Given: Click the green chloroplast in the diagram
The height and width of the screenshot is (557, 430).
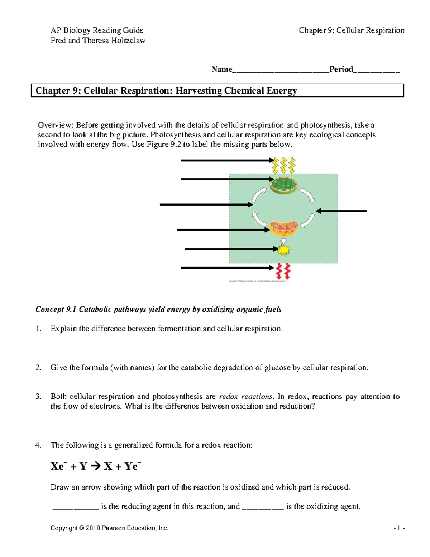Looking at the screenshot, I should tap(284, 185).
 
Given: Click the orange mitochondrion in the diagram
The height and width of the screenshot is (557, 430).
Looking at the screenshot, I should tap(284, 228).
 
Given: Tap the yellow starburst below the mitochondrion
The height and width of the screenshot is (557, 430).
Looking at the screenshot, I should tap(283, 250).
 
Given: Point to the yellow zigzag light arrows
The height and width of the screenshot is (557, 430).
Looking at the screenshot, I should tap(284, 165).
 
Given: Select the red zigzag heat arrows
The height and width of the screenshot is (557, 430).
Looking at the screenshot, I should tap(283, 272).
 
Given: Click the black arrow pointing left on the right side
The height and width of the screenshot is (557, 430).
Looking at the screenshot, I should tap(341, 211).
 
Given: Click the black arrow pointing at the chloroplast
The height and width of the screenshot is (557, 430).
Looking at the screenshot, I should tap(228, 179).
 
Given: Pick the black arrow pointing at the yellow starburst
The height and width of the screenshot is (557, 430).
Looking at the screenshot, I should tap(231, 249).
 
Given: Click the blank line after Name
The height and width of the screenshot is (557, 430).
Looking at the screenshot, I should tap(281, 70).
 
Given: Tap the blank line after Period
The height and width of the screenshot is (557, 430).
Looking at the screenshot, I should tap(376, 70).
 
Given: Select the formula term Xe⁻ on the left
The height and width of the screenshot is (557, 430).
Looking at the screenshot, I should tap(58, 466).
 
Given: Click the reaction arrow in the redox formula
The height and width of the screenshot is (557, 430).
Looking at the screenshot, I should tap(96, 466).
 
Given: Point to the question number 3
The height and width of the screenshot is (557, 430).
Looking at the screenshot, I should tap(38, 396).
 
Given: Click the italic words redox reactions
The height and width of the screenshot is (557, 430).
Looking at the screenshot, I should tap(246, 396).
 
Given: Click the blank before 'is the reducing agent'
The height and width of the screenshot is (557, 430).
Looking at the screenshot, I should tap(76, 507).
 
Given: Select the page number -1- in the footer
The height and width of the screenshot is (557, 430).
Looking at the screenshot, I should tap(399, 528).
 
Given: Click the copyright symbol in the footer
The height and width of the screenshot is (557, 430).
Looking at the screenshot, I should tap(81, 528).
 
